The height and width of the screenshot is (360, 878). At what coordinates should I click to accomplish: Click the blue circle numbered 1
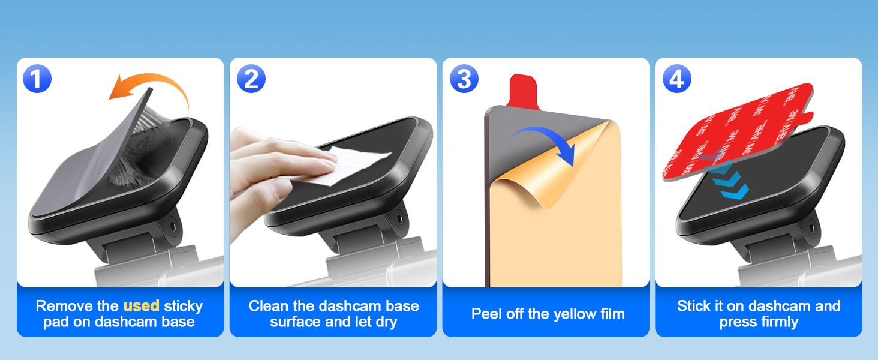pyautogui.click(x=37, y=79)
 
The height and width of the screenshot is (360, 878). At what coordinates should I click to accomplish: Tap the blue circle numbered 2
pyautogui.click(x=251, y=79)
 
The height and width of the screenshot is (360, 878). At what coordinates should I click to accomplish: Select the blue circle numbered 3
pyautogui.click(x=464, y=79)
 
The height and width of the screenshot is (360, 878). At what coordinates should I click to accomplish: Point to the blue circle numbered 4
pyautogui.click(x=676, y=79)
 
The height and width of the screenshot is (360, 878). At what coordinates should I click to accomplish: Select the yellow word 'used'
pyautogui.click(x=141, y=306)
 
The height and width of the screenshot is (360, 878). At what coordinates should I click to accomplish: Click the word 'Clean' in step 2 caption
pyautogui.click(x=268, y=306)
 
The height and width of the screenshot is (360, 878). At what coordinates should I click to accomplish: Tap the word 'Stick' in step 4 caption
pyautogui.click(x=693, y=306)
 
